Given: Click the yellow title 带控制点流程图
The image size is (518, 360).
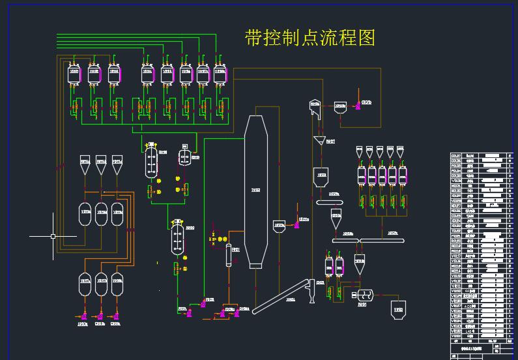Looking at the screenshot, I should click(x=309, y=38).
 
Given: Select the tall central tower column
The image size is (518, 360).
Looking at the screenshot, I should click(x=256, y=191).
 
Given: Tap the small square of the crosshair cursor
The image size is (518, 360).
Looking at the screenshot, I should click(x=53, y=236).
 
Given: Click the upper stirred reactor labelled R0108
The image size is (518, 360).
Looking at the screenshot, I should click(x=151, y=160).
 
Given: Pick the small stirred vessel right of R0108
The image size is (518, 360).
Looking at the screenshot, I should click(x=185, y=157).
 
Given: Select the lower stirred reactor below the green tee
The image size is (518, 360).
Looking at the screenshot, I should click(x=177, y=237).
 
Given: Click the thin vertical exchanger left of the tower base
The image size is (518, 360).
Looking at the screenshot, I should click(x=229, y=255).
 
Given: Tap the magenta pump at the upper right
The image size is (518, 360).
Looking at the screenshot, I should click(x=357, y=104).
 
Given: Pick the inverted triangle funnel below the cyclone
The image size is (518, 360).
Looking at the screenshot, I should click(x=319, y=142).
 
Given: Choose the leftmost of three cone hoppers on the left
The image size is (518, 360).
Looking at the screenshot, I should click(x=85, y=166).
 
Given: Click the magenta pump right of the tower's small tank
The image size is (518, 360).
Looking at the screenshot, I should click(x=296, y=225).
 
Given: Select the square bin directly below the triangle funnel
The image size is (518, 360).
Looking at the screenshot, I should click(x=321, y=176).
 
